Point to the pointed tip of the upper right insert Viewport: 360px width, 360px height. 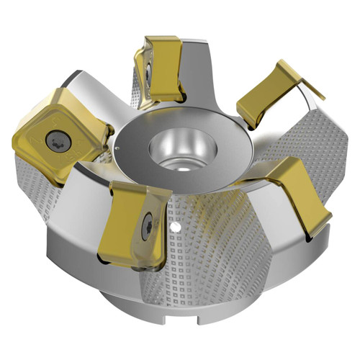(321, 97)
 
